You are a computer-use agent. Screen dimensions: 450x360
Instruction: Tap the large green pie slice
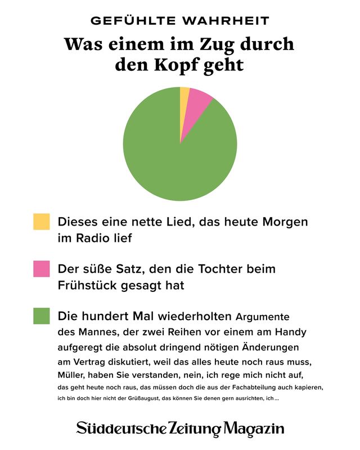tap(174, 157)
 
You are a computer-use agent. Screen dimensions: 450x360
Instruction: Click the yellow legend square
tap(42, 222)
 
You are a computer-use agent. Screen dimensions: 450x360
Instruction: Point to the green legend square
tap(42, 316)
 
